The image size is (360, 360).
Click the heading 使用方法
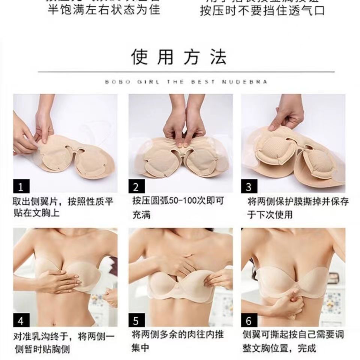[x=179, y=57]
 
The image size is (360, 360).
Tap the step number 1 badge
[x=21, y=186]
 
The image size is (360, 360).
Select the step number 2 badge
[x=136, y=186]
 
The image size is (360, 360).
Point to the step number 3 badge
[x=249, y=186]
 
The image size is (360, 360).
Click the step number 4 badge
[x=21, y=321]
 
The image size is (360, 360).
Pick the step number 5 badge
[x=136, y=321]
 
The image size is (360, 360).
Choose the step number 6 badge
[x=249, y=321]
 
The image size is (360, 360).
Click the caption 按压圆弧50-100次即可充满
[x=178, y=207]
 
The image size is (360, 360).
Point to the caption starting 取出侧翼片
[x=64, y=207]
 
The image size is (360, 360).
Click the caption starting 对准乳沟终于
[x=64, y=342]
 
